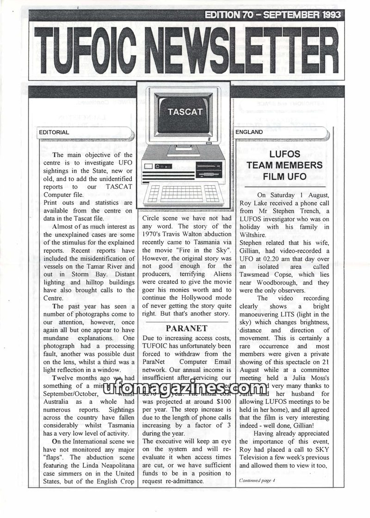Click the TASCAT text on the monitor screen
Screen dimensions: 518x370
(x=185, y=112)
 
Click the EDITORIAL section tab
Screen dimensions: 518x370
(x=54, y=132)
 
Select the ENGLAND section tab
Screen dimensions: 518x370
(x=249, y=132)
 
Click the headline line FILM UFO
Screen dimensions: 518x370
(x=285, y=176)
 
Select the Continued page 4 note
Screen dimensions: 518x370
(x=257, y=480)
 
